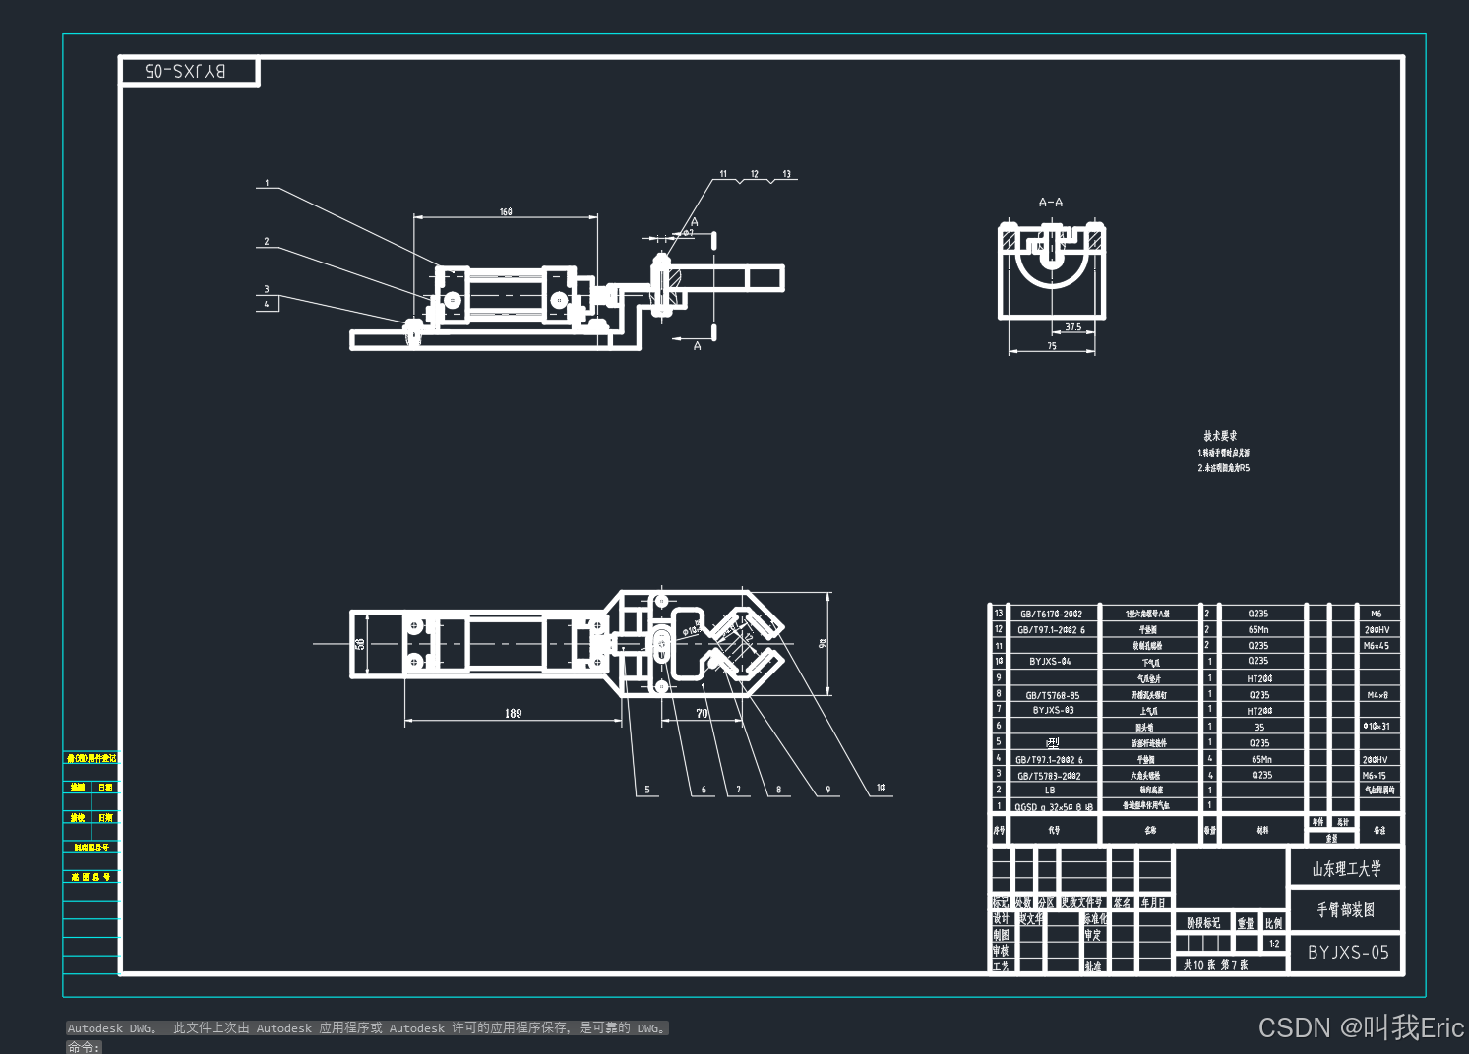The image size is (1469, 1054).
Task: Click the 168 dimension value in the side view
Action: (506, 211)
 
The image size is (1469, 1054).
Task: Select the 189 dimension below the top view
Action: (513, 713)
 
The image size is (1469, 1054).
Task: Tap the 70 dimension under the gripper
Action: (702, 713)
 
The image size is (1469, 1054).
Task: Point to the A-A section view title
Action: (1051, 203)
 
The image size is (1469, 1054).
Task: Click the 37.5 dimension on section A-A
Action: (1072, 327)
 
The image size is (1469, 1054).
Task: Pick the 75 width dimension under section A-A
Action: (1052, 346)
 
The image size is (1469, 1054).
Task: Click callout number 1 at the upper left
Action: (266, 183)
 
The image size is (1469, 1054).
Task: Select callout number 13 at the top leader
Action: (786, 174)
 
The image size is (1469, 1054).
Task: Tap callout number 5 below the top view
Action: (646, 790)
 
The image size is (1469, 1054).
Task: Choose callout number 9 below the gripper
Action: (827, 790)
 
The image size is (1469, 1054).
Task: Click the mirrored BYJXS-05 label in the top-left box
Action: (185, 71)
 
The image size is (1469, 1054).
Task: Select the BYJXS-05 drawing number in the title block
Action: (1348, 952)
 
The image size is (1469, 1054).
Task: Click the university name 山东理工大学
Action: (1346, 869)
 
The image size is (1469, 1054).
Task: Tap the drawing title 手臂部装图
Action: (1346, 910)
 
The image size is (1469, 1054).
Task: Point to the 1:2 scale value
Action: (1274, 944)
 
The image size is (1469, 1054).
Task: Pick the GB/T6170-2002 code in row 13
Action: (1051, 614)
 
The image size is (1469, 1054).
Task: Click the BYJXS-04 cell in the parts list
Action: (1050, 662)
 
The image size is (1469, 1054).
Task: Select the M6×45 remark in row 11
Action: (1376, 646)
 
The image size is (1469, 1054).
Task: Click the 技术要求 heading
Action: (1220, 436)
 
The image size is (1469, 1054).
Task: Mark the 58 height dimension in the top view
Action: (360, 644)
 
